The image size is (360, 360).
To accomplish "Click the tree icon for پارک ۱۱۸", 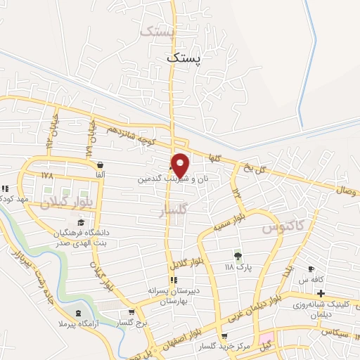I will pos(238,256).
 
